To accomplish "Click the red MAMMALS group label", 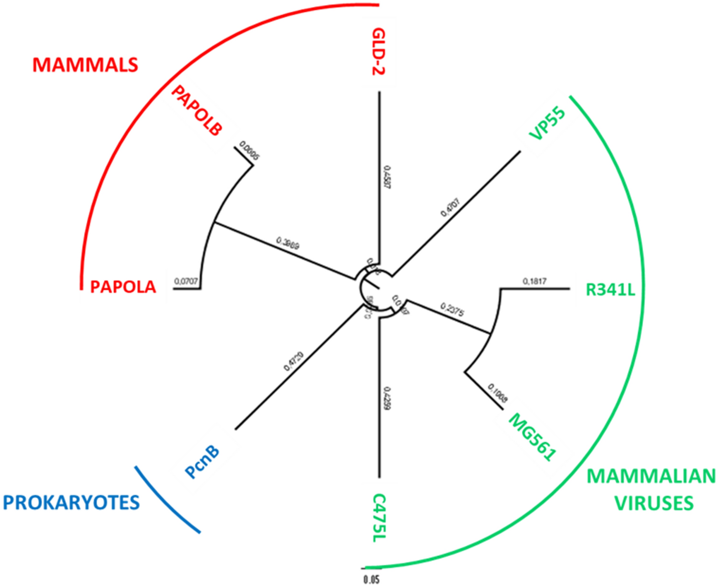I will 85,65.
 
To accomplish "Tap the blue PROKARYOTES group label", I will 71,503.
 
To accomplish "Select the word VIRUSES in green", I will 654,503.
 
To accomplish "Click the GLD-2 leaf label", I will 379,51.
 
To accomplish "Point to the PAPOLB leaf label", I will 197,111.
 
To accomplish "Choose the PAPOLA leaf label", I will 123,287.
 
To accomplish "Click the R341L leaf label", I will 610,290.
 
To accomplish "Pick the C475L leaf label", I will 379,518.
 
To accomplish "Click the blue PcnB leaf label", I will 202,462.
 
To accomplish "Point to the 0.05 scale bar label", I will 371,580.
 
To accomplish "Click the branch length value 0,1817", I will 534,282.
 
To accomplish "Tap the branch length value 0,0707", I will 186,282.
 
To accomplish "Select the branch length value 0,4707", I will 450,207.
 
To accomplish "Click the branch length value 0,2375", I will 452,310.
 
